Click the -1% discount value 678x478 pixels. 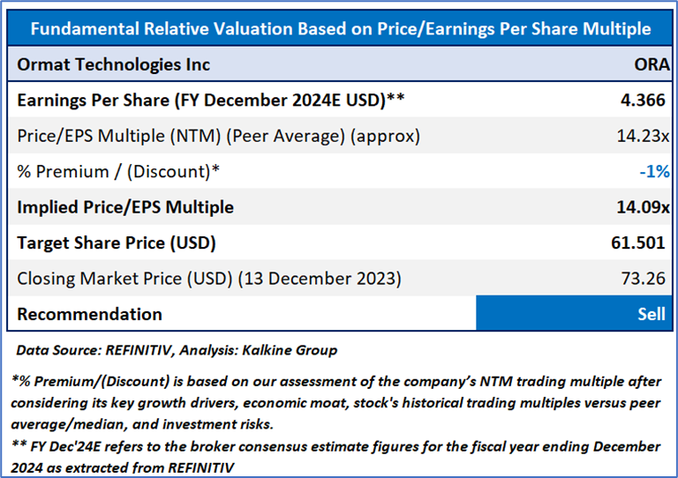tap(653, 171)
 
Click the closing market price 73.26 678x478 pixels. tap(646, 279)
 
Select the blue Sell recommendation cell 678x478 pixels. tap(575, 314)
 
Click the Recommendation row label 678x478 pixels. tap(89, 314)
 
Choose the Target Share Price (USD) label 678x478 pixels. tap(117, 243)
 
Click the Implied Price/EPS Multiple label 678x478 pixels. tap(125, 207)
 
